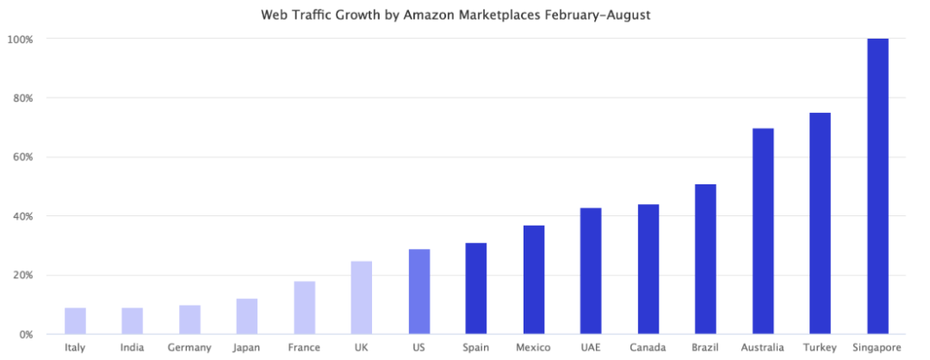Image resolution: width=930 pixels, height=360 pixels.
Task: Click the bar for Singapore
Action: pyautogui.click(x=877, y=186)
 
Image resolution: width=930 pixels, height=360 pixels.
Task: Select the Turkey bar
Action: pyautogui.click(x=820, y=223)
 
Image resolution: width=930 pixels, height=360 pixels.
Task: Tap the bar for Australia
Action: pyautogui.click(x=763, y=231)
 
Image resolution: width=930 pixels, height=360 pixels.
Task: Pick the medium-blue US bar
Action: pyautogui.click(x=419, y=291)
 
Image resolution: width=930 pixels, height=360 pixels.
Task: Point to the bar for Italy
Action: pyautogui.click(x=75, y=320)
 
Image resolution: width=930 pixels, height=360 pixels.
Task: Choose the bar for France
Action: pyautogui.click(x=304, y=307)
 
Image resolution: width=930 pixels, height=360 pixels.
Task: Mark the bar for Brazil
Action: pyautogui.click(x=705, y=258)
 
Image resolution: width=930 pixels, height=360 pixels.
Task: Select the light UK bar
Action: pyautogui.click(x=362, y=297)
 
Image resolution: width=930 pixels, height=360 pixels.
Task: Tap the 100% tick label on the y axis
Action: pyautogui.click(x=21, y=40)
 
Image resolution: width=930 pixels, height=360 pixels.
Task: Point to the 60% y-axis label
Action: pyautogui.click(x=23, y=158)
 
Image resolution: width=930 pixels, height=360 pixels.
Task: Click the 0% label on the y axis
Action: pyautogui.click(x=26, y=334)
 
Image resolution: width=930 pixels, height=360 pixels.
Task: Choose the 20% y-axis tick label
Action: pyautogui.click(x=23, y=276)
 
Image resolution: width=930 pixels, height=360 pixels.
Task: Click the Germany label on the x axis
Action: pyautogui.click(x=189, y=348)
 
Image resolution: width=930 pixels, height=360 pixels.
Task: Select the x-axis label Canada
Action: pyautogui.click(x=648, y=348)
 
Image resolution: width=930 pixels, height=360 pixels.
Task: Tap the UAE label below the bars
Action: pyautogui.click(x=591, y=348)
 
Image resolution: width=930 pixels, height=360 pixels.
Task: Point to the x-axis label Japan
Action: pyautogui.click(x=247, y=348)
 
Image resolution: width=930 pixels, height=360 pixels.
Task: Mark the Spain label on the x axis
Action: pyautogui.click(x=476, y=348)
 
